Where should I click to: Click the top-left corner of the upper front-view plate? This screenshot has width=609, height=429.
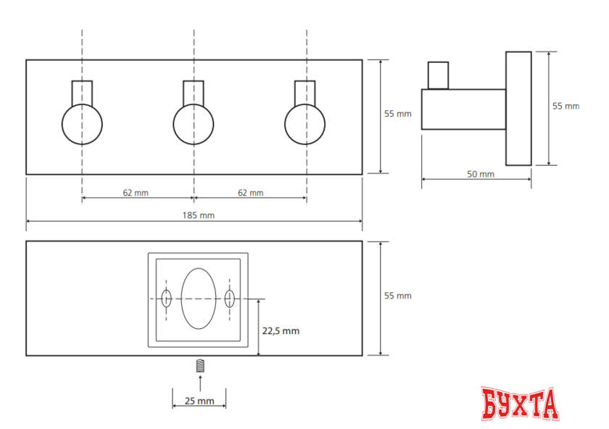click(26, 60)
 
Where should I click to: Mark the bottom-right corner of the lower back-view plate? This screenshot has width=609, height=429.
click(362, 355)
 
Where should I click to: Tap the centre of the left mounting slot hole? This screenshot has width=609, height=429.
click(166, 299)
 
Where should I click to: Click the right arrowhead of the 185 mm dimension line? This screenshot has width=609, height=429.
click(360, 221)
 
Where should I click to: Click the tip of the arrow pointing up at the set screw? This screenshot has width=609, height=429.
click(200, 376)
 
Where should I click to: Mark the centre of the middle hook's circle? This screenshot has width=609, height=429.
click(194, 124)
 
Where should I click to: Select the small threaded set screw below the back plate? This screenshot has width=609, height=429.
click(200, 366)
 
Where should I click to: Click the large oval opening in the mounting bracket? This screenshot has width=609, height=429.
click(199, 299)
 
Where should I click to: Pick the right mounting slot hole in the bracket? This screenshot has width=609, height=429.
click(230, 299)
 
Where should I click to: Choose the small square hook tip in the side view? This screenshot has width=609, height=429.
click(438, 75)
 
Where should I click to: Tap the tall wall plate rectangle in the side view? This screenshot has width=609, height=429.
click(518, 109)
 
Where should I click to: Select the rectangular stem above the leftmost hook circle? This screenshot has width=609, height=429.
click(82, 93)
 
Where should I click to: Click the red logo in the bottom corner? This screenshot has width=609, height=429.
click(520, 404)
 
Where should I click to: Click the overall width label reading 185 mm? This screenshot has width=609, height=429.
click(199, 215)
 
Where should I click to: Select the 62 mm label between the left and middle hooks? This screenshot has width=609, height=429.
click(136, 193)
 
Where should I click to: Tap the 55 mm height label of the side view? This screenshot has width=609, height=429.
click(566, 106)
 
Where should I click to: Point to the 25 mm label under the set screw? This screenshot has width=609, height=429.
click(199, 401)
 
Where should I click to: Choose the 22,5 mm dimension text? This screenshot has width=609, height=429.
click(281, 330)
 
